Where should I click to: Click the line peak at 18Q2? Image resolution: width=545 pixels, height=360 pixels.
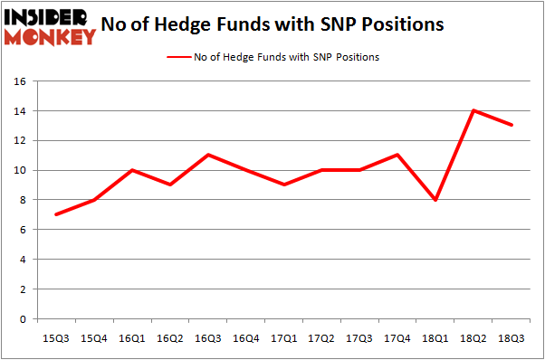coord(473,110)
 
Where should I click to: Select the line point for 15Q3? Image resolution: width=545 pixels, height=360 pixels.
coord(56,214)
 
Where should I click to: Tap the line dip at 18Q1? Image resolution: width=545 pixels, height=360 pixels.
coord(435,200)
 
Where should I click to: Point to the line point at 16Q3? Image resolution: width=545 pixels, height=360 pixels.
coord(208,155)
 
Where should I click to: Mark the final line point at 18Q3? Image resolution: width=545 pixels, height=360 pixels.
coord(512,125)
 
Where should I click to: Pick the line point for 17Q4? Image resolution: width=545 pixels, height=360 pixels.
coord(397,155)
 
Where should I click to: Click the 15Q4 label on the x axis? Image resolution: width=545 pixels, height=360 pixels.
coord(94,338)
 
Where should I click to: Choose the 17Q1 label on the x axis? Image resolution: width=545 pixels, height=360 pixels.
coord(283,338)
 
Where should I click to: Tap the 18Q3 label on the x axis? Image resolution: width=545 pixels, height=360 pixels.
coord(512,338)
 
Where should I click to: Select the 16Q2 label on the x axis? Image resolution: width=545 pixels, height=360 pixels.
coord(170,338)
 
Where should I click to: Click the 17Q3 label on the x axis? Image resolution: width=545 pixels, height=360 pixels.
coord(359,338)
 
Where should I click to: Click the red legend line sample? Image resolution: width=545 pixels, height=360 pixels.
coord(178,57)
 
